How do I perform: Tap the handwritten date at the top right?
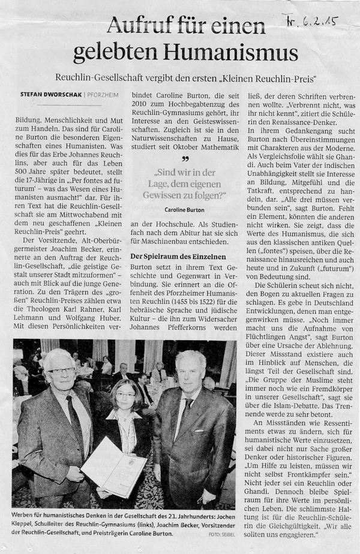point(311,23)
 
